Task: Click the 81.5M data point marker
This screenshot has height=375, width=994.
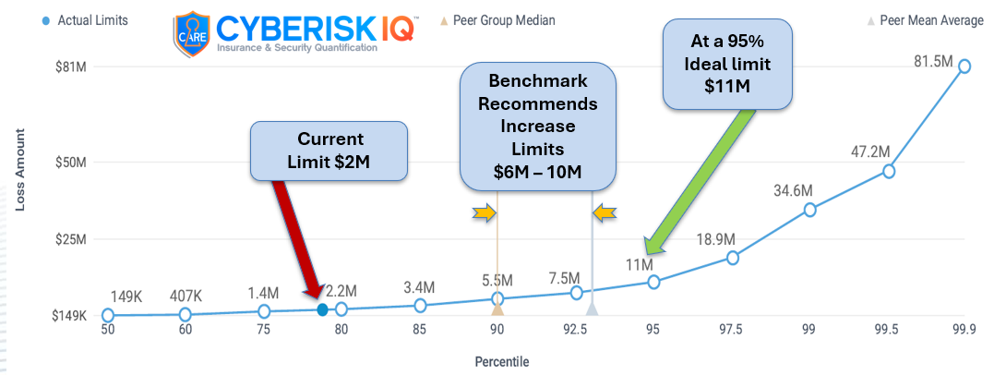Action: pyautogui.click(x=964, y=67)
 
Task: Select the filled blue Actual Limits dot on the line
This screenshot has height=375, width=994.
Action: pyautogui.click(x=322, y=310)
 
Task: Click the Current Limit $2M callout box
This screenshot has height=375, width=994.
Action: pyautogui.click(x=329, y=151)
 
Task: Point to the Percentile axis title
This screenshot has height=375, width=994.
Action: pyautogui.click(x=502, y=361)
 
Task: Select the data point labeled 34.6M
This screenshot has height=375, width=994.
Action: pyautogui.click(x=810, y=210)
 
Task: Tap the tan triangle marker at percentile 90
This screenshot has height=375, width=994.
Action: pyautogui.click(x=497, y=308)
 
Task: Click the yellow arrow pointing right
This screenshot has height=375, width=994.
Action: pyautogui.click(x=484, y=214)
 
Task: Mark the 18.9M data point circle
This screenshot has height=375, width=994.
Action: pyautogui.click(x=733, y=258)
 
